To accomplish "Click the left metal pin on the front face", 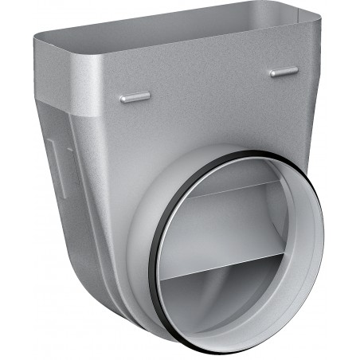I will tap(135, 97).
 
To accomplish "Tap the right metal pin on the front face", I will tap(283, 72).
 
